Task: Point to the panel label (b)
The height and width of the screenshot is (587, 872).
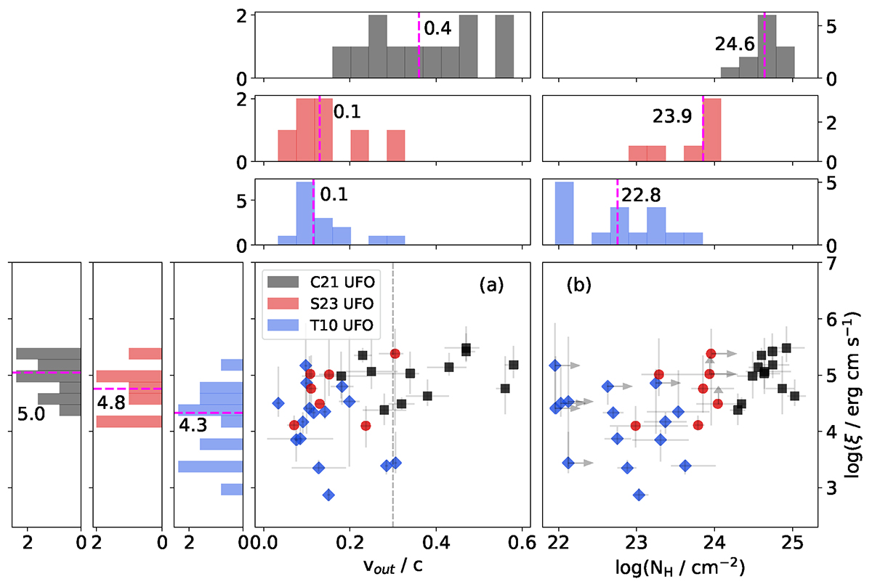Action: coord(579,286)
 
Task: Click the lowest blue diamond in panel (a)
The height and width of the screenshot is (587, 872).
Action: coord(328,495)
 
